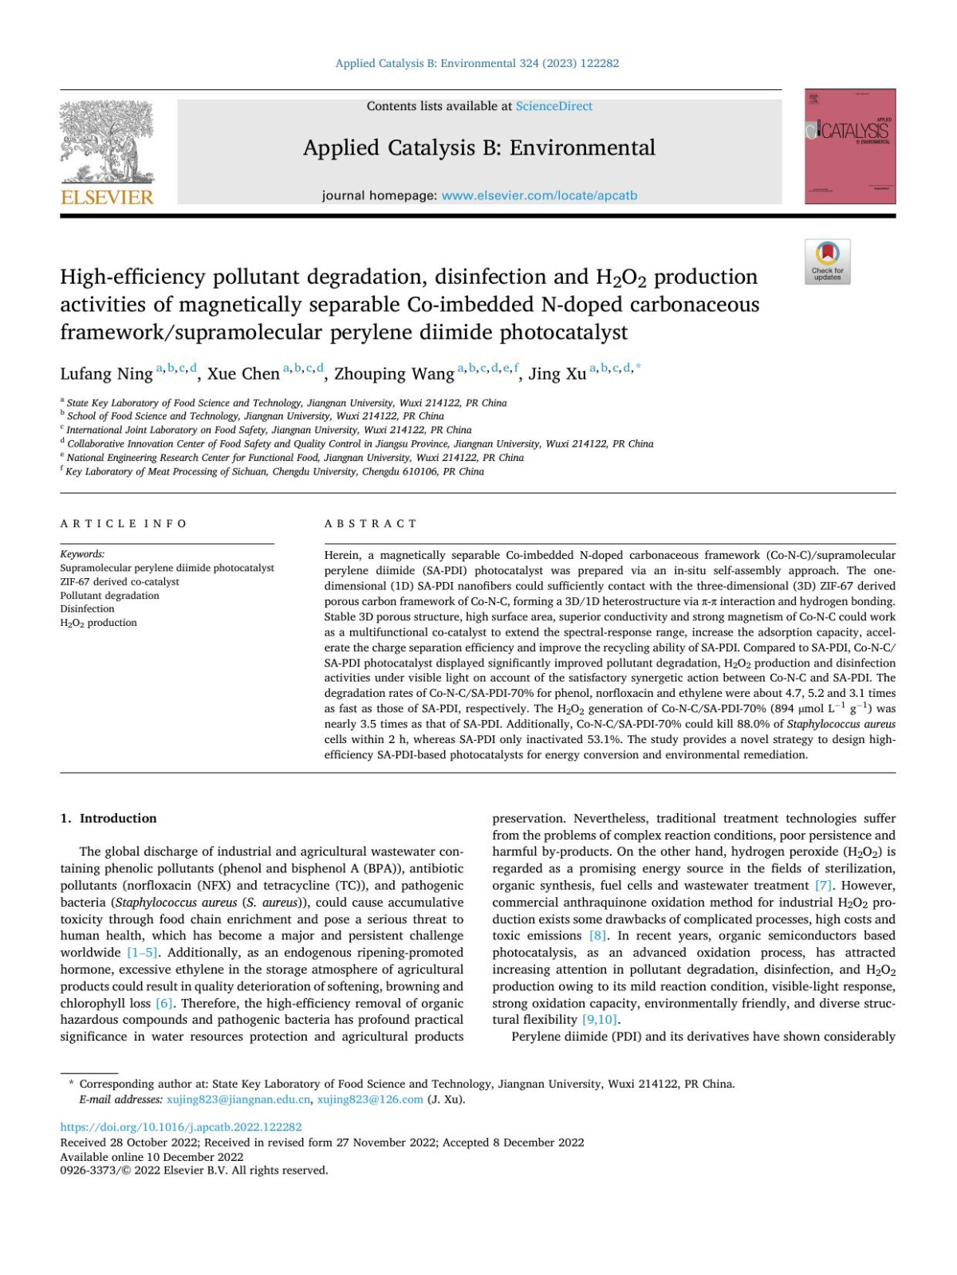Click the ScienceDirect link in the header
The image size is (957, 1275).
click(x=553, y=106)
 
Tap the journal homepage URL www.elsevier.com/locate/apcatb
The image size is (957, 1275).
click(x=539, y=195)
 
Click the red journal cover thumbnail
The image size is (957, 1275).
click(x=849, y=147)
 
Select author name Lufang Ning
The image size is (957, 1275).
click(x=106, y=374)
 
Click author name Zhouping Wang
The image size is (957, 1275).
click(x=393, y=374)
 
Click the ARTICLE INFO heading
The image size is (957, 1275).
click(x=124, y=524)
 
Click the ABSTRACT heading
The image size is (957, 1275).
click(x=370, y=524)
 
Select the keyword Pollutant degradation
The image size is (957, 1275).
click(x=109, y=596)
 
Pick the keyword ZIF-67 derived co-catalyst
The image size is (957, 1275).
click(x=120, y=582)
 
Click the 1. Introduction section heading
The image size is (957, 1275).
click(x=108, y=818)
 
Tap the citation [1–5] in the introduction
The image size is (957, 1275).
click(x=143, y=953)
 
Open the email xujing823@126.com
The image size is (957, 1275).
click(x=370, y=1100)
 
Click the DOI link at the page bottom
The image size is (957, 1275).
click(x=181, y=1127)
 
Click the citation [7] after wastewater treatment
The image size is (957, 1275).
click(x=823, y=886)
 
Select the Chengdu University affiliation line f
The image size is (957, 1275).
click(x=274, y=472)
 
